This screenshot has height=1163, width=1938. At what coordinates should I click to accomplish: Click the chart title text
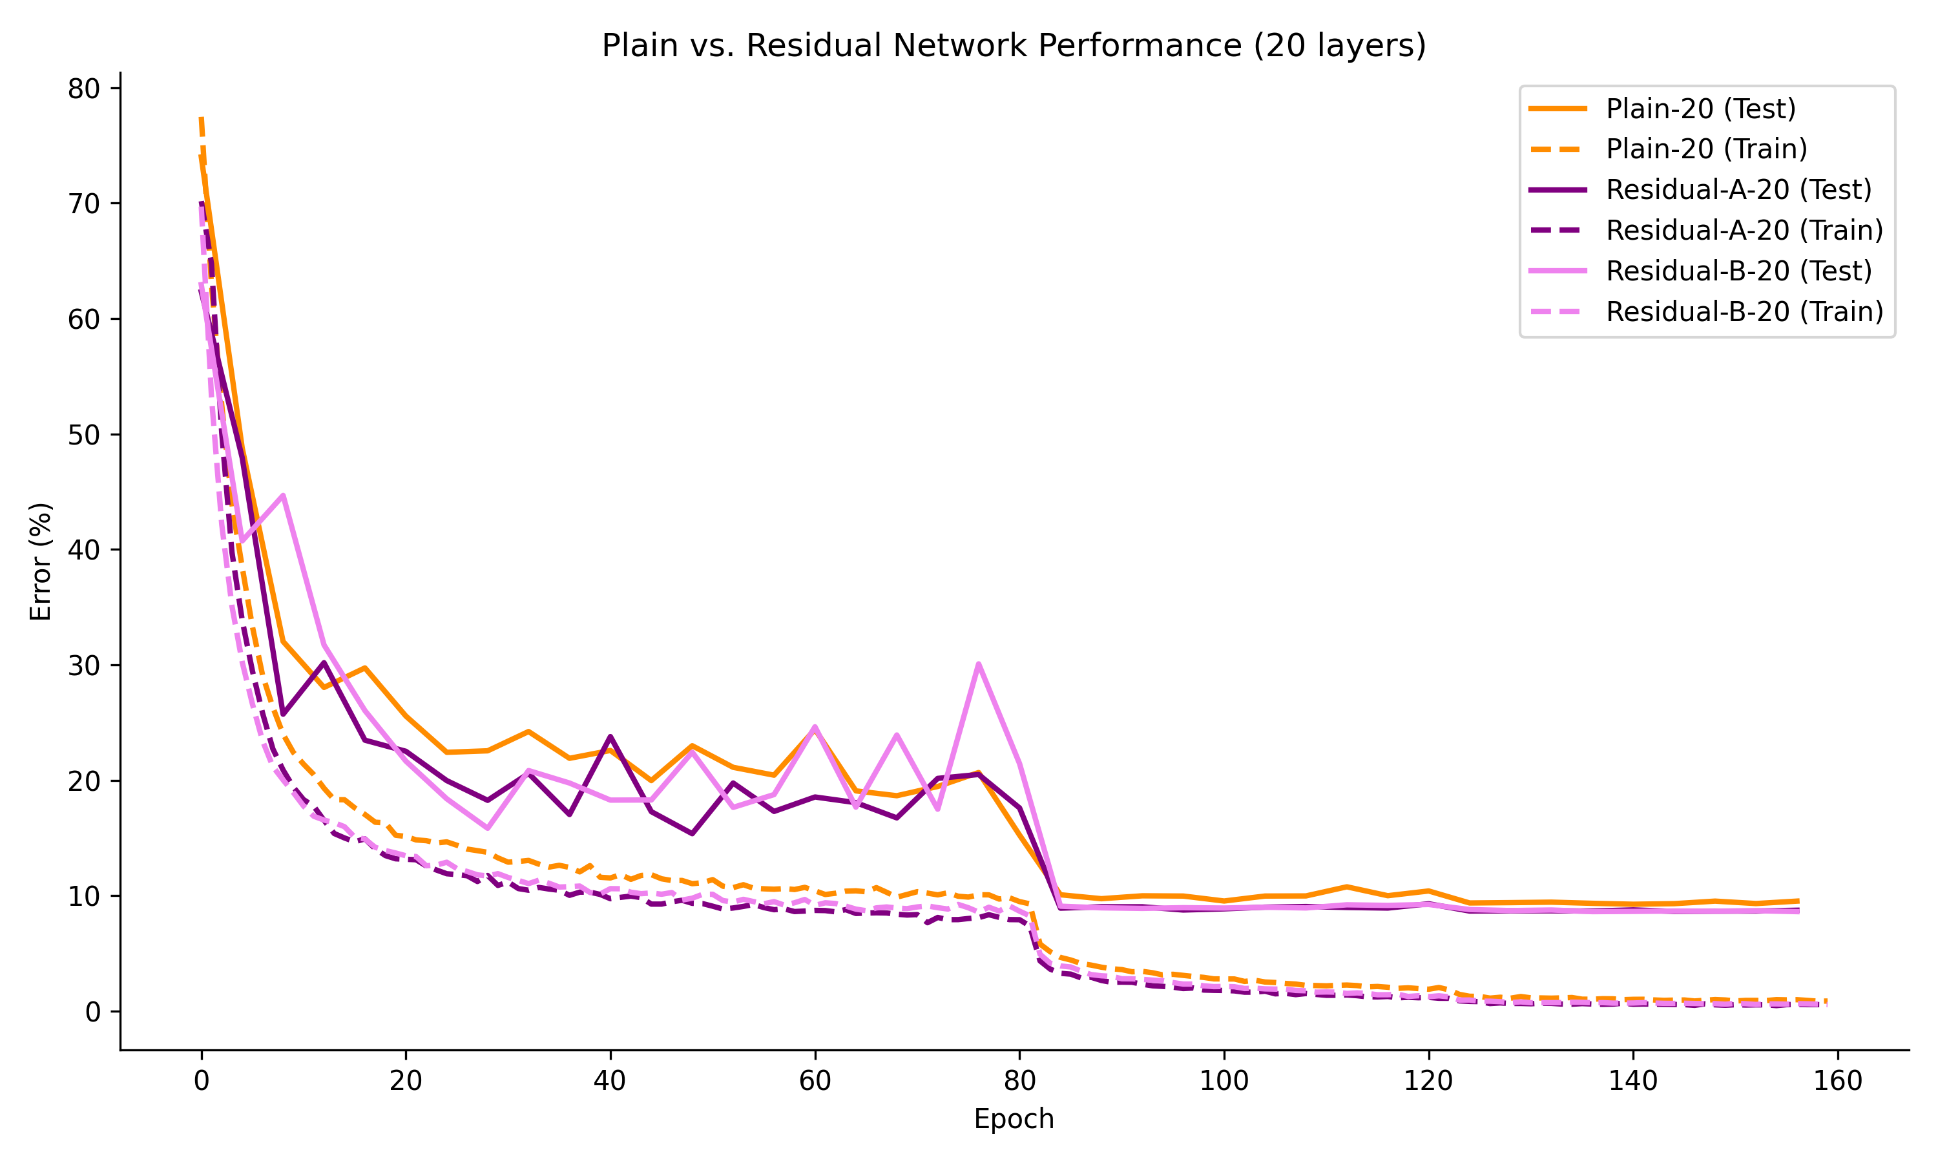click(1013, 45)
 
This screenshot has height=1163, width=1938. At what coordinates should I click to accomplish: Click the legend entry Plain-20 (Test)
click(1700, 108)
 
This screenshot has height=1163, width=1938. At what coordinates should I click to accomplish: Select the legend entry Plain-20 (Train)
click(1706, 149)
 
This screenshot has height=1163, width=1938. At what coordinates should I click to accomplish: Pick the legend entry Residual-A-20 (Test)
click(1738, 190)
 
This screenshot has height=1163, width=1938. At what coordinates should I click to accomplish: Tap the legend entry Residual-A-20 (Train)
click(1744, 231)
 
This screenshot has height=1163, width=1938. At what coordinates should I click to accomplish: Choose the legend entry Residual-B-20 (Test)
click(1738, 271)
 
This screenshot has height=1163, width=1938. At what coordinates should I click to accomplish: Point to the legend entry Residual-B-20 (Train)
click(1744, 312)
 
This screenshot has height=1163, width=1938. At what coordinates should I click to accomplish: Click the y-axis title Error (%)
click(40, 561)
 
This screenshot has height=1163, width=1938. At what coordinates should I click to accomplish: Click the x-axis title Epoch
click(1013, 1118)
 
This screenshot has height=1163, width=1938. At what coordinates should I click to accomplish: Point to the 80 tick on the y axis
click(84, 89)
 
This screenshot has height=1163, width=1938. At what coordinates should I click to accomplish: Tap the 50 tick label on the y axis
click(84, 435)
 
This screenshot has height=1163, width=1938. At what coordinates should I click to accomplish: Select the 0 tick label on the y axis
click(92, 1012)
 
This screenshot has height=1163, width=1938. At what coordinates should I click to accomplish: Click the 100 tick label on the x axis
click(1224, 1082)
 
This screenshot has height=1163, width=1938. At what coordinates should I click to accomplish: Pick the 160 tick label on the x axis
click(1837, 1082)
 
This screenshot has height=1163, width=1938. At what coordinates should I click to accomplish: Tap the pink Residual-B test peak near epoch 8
click(283, 496)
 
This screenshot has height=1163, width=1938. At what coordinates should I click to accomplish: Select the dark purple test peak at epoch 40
click(610, 737)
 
